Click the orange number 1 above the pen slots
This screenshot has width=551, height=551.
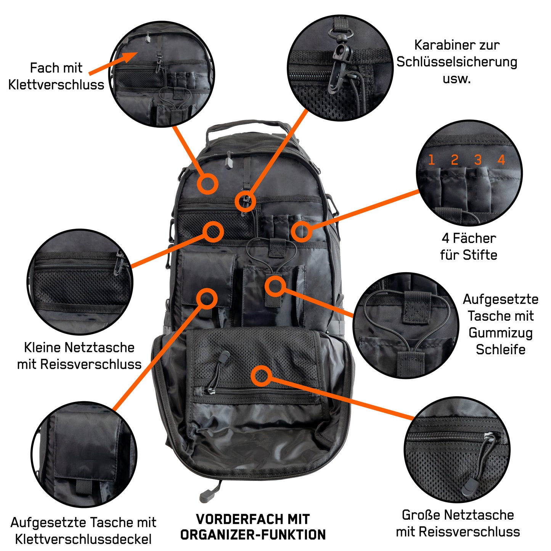[x=432, y=159]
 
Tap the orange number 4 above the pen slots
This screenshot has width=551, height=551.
[x=501, y=159]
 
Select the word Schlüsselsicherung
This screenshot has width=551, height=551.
[x=457, y=62]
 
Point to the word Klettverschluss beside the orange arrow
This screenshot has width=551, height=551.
[x=56, y=85]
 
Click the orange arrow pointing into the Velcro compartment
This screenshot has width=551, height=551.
[x=114, y=63]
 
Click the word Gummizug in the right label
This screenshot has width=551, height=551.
[x=500, y=333]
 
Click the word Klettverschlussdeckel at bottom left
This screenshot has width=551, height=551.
[x=83, y=539]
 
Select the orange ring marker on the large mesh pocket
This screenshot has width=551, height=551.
[x=261, y=376]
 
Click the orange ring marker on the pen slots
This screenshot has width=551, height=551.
[x=301, y=231]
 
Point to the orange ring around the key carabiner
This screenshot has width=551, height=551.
[x=245, y=201]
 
